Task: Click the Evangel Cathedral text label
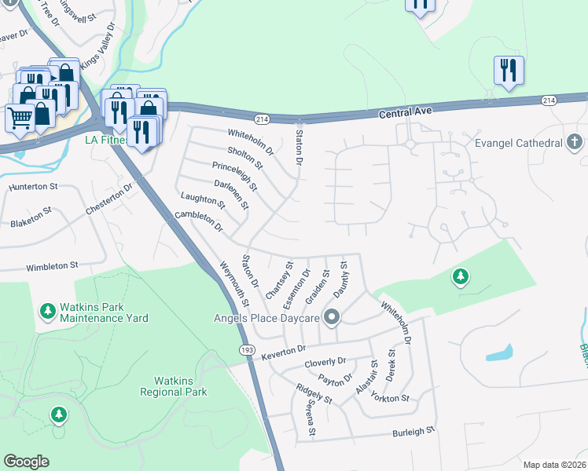[x=519, y=143]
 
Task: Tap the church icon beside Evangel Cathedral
[x=575, y=142]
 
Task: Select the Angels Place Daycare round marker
[x=332, y=318]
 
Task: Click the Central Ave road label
[x=406, y=113]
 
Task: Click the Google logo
[x=26, y=462]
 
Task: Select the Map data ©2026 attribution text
[x=554, y=465]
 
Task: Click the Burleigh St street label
[x=413, y=432]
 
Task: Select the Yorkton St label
[x=391, y=398]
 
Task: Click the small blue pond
[x=500, y=353]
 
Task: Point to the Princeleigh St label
[x=234, y=176]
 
